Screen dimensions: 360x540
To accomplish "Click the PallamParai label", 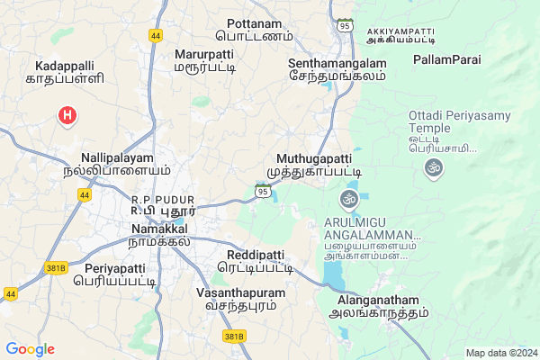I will pyautogui.click(x=446, y=59).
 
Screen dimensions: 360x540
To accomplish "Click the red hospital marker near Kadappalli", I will pyautogui.click(x=66, y=115).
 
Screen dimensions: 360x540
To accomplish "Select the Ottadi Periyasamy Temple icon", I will pyautogui.click(x=434, y=168).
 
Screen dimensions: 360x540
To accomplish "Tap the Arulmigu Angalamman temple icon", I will pyautogui.click(x=349, y=199).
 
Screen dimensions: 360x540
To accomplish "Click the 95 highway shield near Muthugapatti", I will pyautogui.click(x=262, y=190).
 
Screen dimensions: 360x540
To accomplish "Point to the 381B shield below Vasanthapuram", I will pyautogui.click(x=233, y=336).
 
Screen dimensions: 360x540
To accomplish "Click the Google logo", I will pyautogui.click(x=30, y=349).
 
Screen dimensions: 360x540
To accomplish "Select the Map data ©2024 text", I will pyautogui.click(x=500, y=352).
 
